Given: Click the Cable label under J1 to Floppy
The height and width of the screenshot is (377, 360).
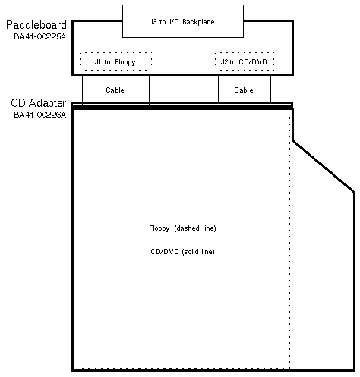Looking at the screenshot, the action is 115,90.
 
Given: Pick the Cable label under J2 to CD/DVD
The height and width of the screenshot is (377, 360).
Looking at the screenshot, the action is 244,90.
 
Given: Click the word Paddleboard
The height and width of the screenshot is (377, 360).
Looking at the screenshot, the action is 36,25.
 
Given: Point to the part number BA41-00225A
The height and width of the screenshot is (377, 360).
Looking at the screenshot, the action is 39,36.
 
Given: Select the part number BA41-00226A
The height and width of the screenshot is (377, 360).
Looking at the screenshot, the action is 39,115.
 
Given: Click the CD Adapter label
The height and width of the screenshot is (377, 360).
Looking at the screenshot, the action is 38,103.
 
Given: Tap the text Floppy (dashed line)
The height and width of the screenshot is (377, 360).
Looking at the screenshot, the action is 182,228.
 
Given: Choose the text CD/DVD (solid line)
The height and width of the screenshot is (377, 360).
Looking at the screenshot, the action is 182,252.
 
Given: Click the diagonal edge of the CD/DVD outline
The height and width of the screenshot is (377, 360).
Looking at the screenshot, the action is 324,166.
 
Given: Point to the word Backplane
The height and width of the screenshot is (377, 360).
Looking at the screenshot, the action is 198,22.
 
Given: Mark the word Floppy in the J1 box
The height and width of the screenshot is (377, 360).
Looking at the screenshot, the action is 125,62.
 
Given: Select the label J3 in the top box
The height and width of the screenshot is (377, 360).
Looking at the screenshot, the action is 153,21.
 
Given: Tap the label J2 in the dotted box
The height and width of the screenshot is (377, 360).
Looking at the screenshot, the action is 225,61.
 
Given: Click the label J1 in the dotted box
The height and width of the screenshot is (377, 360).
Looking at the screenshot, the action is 98,61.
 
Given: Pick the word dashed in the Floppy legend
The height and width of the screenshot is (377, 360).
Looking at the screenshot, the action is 188,228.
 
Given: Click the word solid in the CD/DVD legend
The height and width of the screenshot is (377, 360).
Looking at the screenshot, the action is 191,252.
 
